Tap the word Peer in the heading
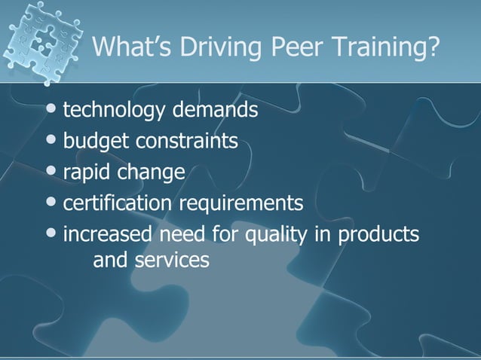[x=285, y=48]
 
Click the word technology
[x=116, y=111]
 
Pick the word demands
[x=216, y=111]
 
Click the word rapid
[x=85, y=172]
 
